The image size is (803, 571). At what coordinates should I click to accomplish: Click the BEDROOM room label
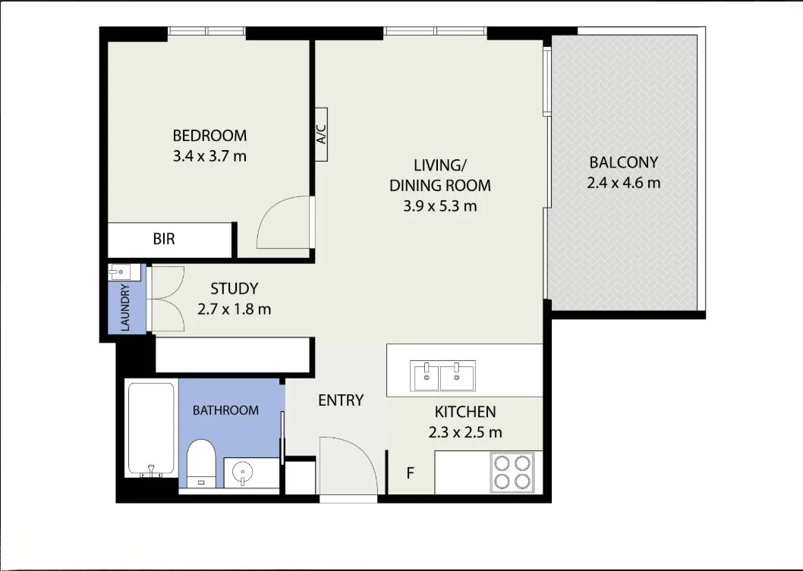coord(209,136)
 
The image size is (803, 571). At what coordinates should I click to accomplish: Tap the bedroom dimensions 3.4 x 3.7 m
coord(209,157)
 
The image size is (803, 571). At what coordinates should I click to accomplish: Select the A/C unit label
coord(320,135)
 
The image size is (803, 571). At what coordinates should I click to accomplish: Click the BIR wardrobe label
coord(164,239)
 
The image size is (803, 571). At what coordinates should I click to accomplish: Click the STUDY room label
coord(234,288)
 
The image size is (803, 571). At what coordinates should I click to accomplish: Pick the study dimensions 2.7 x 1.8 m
coord(234,309)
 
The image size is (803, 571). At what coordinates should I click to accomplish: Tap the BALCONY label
coord(623,162)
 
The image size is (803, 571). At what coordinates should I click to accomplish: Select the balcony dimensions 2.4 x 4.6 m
coord(623,183)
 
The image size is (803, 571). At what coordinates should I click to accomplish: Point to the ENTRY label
coord(341,400)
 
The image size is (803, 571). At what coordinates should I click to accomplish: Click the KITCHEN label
coord(464,412)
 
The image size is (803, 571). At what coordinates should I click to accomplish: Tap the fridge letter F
coord(410,474)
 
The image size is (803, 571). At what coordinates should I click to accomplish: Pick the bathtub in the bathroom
coord(151,428)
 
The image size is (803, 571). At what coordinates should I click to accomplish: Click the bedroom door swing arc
coord(285,224)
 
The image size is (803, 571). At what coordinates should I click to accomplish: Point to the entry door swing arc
coord(348,466)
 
